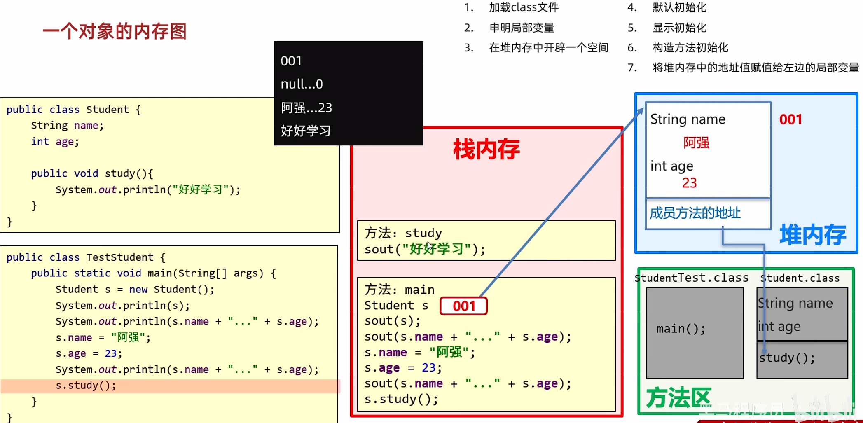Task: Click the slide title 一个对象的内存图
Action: [115, 31]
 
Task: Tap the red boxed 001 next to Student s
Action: [463, 306]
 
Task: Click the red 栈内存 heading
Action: [486, 149]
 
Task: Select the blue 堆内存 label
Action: [812, 235]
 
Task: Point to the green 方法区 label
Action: [678, 397]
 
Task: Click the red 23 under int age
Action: [689, 183]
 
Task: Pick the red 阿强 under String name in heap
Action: [696, 143]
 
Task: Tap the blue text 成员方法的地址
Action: [695, 213]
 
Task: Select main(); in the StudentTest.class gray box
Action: [681, 329]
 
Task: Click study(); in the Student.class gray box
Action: [787, 358]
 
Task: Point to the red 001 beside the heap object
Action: [790, 119]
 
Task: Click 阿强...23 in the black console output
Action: [306, 108]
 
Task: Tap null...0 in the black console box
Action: [302, 84]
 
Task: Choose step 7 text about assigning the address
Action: [755, 68]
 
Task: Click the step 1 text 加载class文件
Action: [524, 7]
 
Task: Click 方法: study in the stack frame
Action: [403, 233]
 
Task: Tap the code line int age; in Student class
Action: [55, 142]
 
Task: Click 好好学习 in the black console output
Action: [306, 131]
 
